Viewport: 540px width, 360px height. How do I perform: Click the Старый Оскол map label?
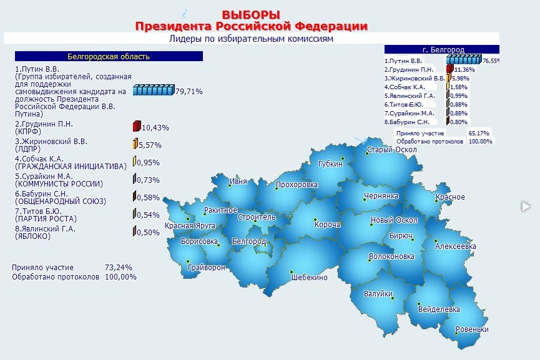coord(391,150)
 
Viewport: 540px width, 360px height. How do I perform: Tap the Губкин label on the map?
coord(330,164)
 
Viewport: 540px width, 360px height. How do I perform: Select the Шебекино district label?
coord(309,278)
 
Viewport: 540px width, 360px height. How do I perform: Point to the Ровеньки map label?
coord(472,329)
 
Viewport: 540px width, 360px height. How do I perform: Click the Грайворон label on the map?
coord(207,268)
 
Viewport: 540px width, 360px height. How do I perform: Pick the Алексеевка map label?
coord(456,246)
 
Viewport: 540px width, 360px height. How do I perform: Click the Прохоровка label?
coord(297,185)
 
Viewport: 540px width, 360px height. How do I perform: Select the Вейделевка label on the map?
coord(439,309)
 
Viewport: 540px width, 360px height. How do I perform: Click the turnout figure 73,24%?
coord(119,268)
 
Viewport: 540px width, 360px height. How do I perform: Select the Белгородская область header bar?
coord(109,57)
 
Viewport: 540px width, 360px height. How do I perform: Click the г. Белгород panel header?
coord(442,49)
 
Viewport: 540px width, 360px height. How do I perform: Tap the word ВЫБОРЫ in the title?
coord(251,15)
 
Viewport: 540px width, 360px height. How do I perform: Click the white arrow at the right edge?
coord(526,206)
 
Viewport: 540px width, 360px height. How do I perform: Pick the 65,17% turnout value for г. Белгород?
coord(479,133)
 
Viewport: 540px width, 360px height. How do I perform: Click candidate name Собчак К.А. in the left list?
coord(39,159)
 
